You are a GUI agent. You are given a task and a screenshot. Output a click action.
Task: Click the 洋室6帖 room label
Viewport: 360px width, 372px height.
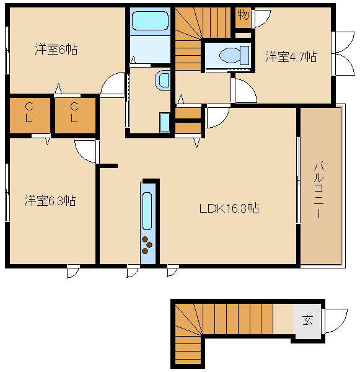tap(56, 50)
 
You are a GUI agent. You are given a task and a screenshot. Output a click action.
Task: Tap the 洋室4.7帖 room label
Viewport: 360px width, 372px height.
tap(291, 56)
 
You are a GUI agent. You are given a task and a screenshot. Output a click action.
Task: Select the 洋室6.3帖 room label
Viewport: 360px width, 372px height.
tap(50, 200)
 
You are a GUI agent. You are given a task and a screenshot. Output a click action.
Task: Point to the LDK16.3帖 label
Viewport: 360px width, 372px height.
tap(229, 208)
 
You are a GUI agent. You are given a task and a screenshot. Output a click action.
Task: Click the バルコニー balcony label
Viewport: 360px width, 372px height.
tap(318, 190)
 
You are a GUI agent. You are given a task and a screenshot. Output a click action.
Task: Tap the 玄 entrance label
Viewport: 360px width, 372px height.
tap(307, 320)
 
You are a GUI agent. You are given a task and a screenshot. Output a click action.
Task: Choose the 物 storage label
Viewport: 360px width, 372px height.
tap(244, 15)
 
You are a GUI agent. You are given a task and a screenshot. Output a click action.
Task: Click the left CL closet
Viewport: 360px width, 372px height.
tap(30, 115)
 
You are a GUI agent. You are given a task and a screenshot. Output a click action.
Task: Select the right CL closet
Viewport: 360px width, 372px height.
tap(75, 115)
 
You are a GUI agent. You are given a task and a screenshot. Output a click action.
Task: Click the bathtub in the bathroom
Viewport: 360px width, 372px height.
tap(150, 21)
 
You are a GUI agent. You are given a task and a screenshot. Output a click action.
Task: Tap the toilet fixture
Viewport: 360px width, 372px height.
tap(234, 56)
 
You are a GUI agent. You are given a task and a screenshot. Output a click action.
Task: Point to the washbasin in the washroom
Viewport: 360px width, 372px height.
tap(163, 80)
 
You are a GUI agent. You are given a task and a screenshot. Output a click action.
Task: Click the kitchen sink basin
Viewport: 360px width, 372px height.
tap(147, 211)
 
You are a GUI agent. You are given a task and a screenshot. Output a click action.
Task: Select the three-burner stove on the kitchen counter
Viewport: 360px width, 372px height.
tap(147, 245)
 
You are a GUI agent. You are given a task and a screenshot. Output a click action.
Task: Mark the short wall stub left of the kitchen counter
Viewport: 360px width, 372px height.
tap(108, 166)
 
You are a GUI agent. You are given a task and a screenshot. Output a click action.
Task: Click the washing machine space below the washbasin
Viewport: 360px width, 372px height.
tap(165, 122)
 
